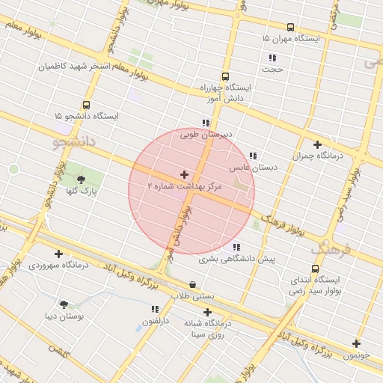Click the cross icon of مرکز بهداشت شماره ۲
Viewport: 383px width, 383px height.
click(185, 174)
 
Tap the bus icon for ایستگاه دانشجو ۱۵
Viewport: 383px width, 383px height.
click(86, 105)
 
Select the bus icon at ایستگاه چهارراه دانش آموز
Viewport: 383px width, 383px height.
click(225, 76)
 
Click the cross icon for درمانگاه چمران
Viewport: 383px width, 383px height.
click(317, 144)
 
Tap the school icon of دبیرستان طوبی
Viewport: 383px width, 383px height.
click(206, 123)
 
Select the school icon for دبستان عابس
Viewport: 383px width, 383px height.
click(252, 156)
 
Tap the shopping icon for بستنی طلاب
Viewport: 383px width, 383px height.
click(194, 285)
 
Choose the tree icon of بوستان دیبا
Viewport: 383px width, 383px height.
click(63, 304)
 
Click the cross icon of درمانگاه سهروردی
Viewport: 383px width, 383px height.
click(58, 254)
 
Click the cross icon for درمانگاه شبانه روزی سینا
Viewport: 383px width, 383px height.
click(207, 312)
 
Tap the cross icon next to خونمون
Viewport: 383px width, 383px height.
click(356, 344)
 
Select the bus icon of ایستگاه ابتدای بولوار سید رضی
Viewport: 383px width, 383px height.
click(315, 269)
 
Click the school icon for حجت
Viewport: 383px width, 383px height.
click(272, 58)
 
